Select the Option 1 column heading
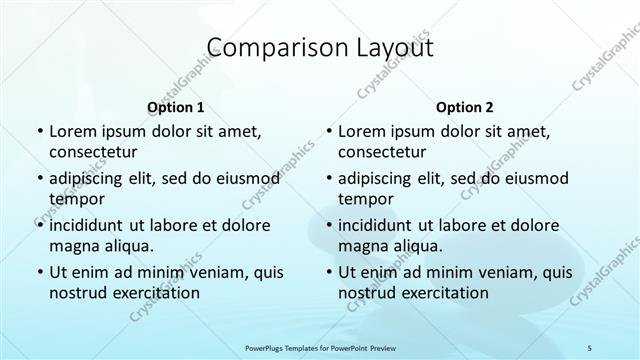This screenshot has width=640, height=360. click(176, 106)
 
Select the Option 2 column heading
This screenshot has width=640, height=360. click(465, 106)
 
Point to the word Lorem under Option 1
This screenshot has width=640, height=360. click(72, 131)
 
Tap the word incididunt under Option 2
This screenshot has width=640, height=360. click(380, 225)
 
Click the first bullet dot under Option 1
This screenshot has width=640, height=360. click(39, 131)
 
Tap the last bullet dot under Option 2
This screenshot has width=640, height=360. click(328, 272)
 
